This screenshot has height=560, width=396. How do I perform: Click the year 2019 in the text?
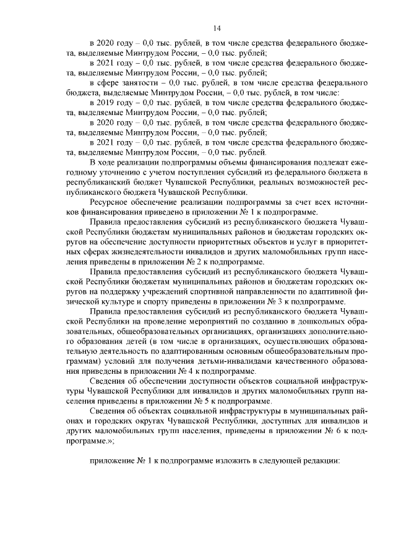[108, 102]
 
